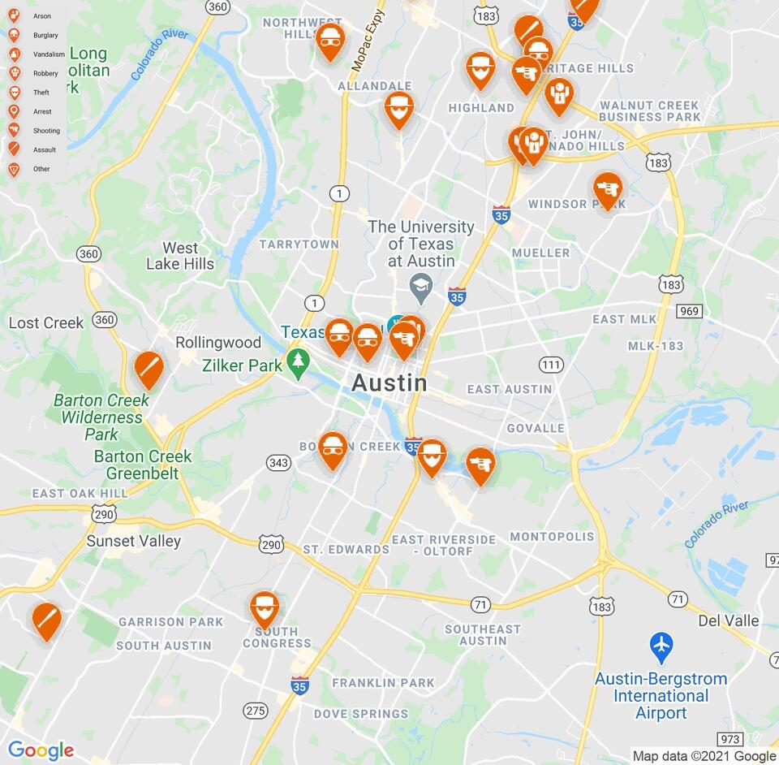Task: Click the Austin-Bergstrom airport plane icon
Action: [661, 647]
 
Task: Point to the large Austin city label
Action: [389, 382]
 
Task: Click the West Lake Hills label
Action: [180, 256]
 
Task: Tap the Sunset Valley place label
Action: [134, 541]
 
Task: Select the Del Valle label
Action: [728, 621]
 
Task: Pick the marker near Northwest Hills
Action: [329, 41]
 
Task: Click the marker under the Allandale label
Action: [398, 109]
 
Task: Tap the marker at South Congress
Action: [265, 609]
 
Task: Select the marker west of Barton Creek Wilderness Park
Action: [148, 370]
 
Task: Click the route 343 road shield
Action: [278, 463]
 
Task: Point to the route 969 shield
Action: [689, 311]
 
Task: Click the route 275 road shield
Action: [256, 711]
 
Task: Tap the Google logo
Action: [41, 751]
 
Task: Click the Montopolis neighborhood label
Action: [553, 537]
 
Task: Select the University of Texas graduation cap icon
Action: [420, 285]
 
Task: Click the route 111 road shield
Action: [551, 365]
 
